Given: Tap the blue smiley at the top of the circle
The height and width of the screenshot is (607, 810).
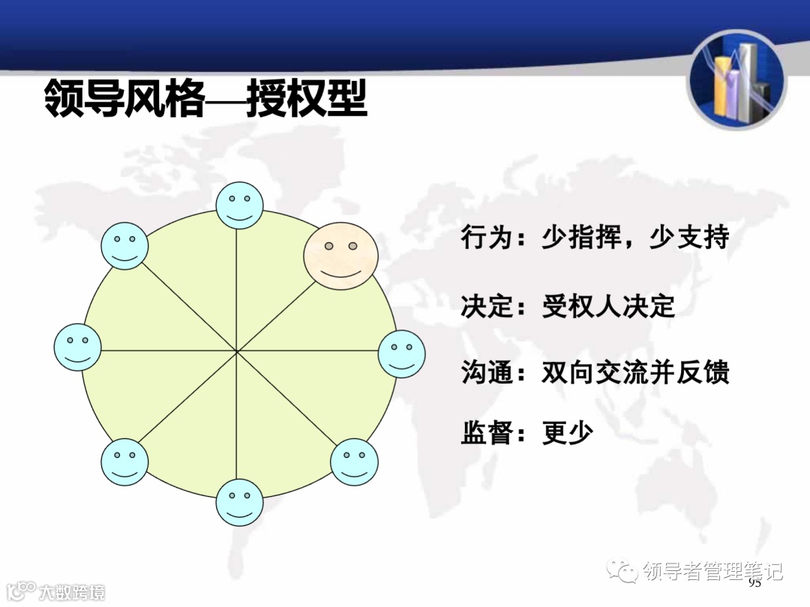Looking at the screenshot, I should [239, 205].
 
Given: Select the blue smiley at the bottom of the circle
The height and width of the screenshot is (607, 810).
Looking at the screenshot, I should [239, 502].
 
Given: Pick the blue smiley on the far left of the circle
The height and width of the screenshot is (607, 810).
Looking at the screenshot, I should [77, 347].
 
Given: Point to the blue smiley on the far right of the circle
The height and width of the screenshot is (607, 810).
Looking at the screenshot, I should [401, 354].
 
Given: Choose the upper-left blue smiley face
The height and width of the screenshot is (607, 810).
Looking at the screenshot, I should [124, 245].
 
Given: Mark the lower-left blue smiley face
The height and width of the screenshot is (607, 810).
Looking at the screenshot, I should [124, 461].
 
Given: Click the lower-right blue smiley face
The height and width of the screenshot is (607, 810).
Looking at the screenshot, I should [354, 462].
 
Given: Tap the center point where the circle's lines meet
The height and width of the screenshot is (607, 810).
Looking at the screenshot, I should [237, 351].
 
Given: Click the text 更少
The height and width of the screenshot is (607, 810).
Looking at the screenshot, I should [568, 433].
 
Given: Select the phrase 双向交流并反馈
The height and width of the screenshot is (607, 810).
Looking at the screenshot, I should [635, 372].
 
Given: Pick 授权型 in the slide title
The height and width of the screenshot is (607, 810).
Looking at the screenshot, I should [307, 99].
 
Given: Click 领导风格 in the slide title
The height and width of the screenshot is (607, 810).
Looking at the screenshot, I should [124, 99].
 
